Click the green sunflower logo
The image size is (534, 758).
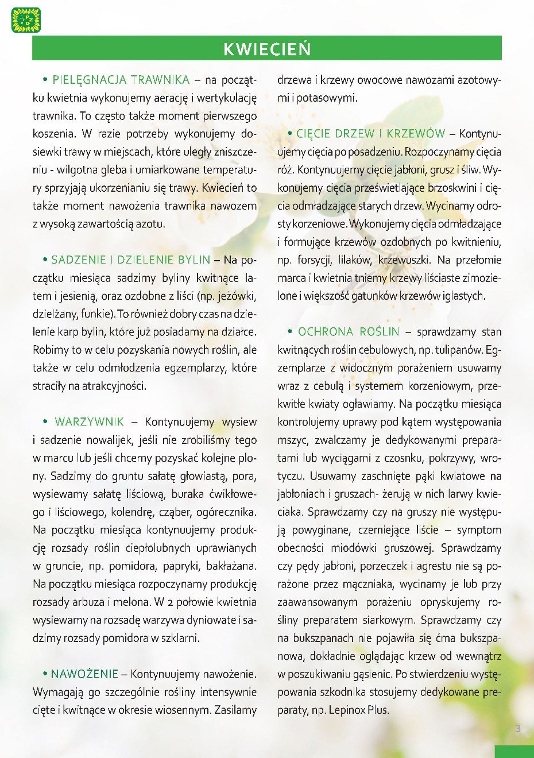click(x=26, y=20)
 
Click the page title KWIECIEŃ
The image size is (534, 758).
click(x=267, y=49)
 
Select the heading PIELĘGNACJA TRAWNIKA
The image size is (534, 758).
click(x=121, y=80)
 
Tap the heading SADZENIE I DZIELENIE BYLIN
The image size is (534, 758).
click(x=131, y=260)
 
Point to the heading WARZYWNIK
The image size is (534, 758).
click(x=89, y=422)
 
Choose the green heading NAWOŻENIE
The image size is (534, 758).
click(x=84, y=674)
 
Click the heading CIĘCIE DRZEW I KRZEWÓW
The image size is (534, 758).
click(x=370, y=134)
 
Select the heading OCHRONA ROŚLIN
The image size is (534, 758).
click(x=349, y=332)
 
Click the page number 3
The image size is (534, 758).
click(x=518, y=729)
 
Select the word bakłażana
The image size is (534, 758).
click(x=231, y=566)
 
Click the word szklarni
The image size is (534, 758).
click(x=180, y=638)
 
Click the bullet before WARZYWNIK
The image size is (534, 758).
click(x=45, y=422)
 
